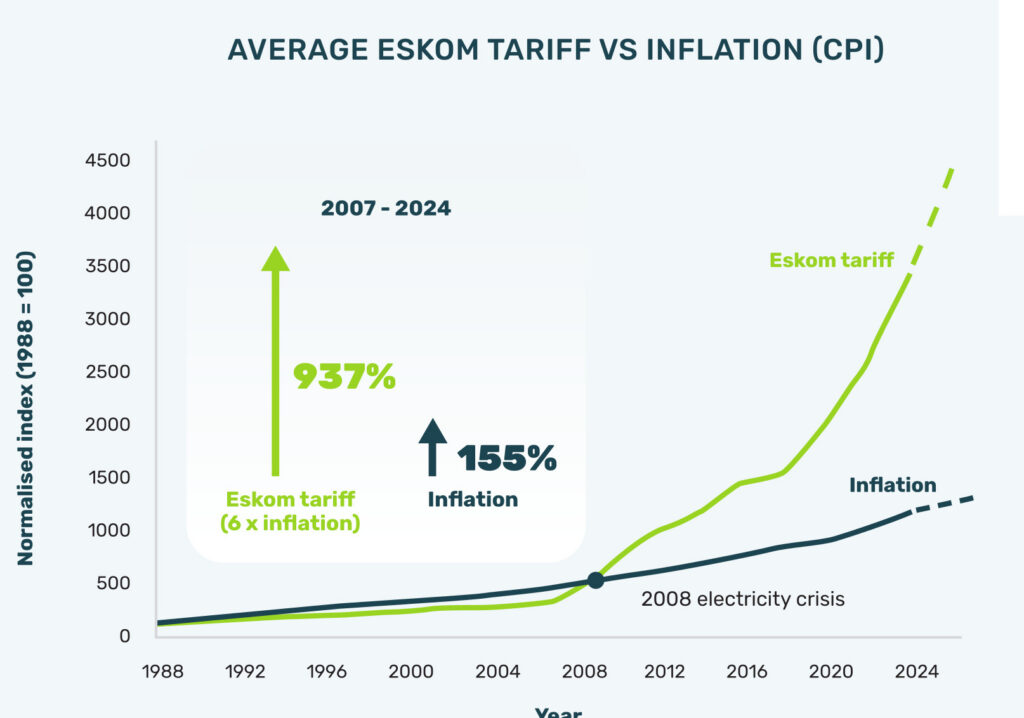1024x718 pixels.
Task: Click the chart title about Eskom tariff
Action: [x=556, y=50]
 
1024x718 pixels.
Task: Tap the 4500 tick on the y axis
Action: [x=107, y=160]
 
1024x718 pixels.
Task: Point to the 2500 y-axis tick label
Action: [x=107, y=372]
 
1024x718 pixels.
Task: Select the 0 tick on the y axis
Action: [x=125, y=636]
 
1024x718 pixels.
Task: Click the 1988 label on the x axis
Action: [x=163, y=672]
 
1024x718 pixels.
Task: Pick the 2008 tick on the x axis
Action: [x=584, y=672]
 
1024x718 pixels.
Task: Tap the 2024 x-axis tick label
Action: [x=916, y=672]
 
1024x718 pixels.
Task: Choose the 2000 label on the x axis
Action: [x=411, y=672]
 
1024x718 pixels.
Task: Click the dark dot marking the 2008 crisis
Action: [x=596, y=580]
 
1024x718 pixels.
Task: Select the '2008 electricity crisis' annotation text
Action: [x=743, y=599]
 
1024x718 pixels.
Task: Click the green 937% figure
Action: [x=344, y=376]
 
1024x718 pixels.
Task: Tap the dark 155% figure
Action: [x=507, y=457]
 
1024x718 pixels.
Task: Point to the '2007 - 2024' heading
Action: [x=386, y=208]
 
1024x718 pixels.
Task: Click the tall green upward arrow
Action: [x=276, y=361]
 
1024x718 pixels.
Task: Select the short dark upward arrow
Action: [x=432, y=447]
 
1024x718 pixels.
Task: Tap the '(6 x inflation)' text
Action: [x=290, y=523]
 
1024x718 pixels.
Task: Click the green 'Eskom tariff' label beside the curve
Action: [x=831, y=260]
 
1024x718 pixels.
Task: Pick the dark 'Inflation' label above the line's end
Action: [x=892, y=485]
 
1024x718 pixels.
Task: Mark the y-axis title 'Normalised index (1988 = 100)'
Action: [x=25, y=408]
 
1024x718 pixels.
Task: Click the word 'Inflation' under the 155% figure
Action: [x=473, y=499]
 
